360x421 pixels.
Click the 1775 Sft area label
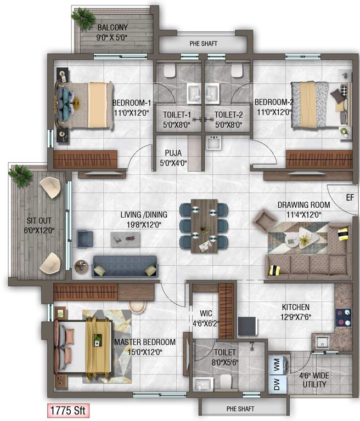coord(66,410)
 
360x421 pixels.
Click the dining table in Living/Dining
coord(204,225)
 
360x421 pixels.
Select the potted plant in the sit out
coord(21,176)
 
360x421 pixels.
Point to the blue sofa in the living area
coord(125,266)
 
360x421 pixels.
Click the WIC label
coord(198,315)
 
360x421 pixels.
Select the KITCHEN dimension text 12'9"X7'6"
coord(296,317)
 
